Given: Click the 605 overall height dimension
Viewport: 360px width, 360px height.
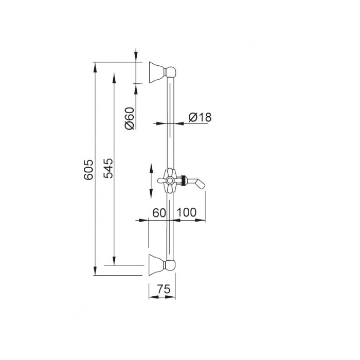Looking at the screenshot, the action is point(88,169).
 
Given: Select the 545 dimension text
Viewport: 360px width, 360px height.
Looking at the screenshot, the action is point(109,168).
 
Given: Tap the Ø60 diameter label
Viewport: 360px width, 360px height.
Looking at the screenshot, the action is point(130,118).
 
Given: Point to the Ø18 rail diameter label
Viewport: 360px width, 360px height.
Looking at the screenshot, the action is point(200,117).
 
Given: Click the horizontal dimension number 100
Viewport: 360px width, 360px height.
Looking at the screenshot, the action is point(186,212).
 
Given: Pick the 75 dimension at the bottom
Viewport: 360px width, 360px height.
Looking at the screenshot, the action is point(164,289).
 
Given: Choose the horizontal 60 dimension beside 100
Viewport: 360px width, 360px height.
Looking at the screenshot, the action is point(159,213).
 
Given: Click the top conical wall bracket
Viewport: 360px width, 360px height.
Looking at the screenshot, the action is point(157,72).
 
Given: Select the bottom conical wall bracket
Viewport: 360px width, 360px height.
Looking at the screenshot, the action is point(157,265).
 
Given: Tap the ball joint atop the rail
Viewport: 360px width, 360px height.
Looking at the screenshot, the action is point(171,72).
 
